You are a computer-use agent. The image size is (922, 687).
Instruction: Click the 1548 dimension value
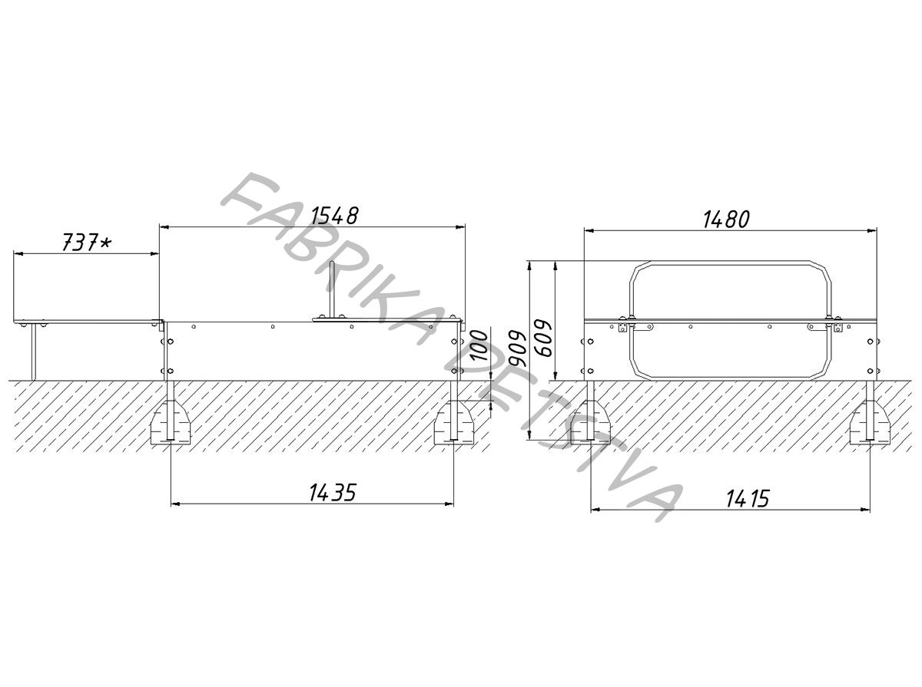pos(334,216)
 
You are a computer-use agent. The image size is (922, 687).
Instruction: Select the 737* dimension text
pos(87,242)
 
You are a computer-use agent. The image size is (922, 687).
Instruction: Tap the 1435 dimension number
pos(333,493)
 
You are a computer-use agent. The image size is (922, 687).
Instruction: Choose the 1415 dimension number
pos(748,499)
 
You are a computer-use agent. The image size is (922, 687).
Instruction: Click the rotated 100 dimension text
pos(479,346)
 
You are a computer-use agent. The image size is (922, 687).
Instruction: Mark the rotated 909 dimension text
pos(516,348)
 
